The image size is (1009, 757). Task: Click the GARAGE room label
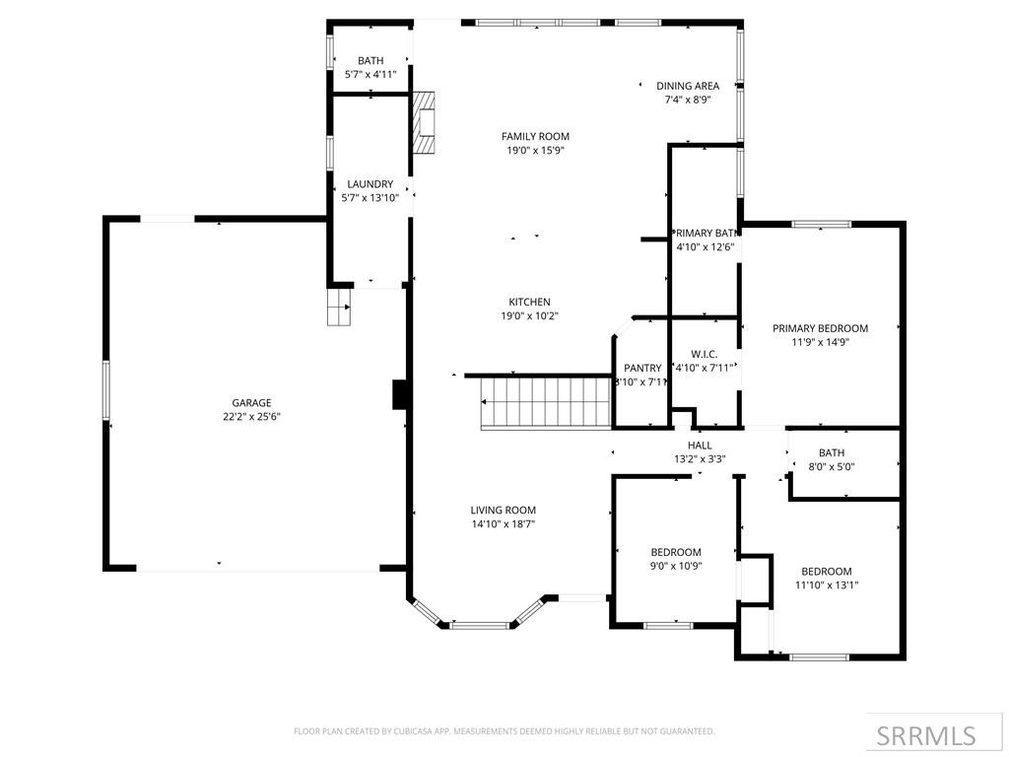[251, 402]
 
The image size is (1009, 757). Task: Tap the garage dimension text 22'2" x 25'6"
[251, 416]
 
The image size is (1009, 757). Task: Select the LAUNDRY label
[370, 184]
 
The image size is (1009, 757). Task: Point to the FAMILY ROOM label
[535, 137]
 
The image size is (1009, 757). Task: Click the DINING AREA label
[688, 86]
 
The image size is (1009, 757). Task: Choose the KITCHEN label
[529, 303]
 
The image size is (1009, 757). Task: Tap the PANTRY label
[642, 368]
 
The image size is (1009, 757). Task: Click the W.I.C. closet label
[704, 354]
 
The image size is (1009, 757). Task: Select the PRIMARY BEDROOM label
[820, 328]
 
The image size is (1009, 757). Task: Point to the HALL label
[700, 446]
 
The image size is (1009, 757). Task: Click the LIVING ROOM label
[503, 511]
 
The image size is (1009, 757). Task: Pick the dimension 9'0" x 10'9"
[676, 566]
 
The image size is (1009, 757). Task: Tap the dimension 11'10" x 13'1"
[826, 585]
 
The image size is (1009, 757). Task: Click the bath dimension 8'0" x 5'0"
[831, 467]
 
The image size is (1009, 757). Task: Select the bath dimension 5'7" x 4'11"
[370, 74]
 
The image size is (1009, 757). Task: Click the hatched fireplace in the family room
[424, 122]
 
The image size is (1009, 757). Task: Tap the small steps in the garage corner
[339, 307]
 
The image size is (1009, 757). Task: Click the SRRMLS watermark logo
[926, 735]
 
